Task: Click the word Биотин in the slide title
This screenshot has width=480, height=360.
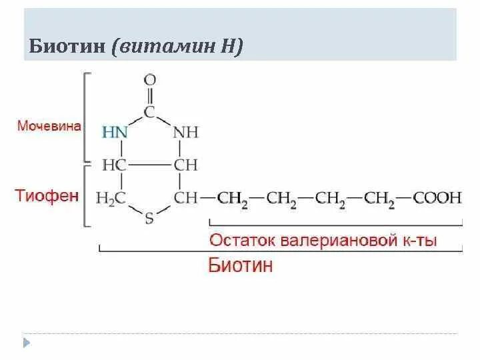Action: click(69, 47)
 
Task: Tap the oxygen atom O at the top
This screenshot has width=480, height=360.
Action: click(151, 80)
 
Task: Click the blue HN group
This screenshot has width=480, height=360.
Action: click(114, 132)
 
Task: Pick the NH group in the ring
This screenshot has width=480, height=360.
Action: click(186, 132)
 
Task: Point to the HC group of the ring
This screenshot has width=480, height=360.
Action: click(114, 165)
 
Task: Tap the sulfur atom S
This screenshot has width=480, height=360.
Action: click(149, 219)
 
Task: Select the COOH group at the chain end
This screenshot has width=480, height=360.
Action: click(437, 197)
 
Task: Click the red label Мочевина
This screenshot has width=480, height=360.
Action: click(49, 125)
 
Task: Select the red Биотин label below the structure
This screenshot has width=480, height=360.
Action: click(241, 265)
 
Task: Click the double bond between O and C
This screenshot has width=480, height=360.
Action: click(151, 95)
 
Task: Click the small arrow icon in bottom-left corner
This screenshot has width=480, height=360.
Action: click(27, 343)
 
